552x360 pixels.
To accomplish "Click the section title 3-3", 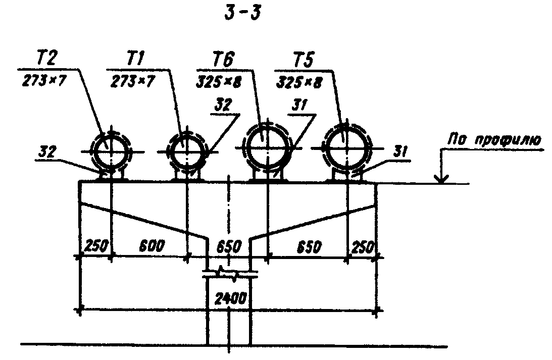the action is tap(243, 14).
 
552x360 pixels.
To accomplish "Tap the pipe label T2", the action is tap(46, 59).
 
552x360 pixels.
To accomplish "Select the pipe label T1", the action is tap(135, 59).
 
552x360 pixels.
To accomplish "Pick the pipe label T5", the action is tap(303, 59).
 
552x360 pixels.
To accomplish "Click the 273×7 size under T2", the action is tap(44, 81).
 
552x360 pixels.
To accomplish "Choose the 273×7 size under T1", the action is tap(132, 82).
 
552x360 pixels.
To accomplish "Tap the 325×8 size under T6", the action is tap(219, 82).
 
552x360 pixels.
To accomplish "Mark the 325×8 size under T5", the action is tap(299, 83).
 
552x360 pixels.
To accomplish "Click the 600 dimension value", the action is tap(152, 246).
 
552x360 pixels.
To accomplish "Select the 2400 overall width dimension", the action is tap(231, 299).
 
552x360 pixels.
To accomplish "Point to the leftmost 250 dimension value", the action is tap(96, 246).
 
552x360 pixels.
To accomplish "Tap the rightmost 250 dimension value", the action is tap(363, 248).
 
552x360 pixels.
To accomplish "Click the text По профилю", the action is tap(494, 140).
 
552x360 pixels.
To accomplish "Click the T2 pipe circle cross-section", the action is tap(111, 151).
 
